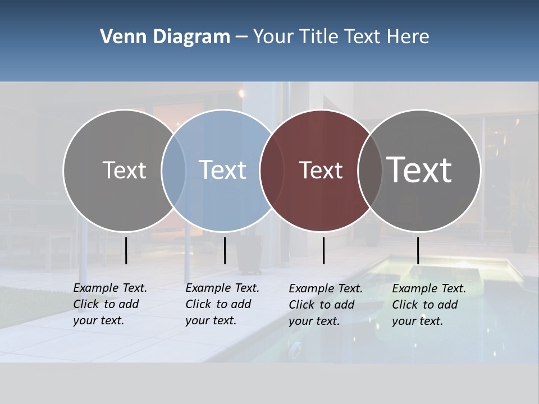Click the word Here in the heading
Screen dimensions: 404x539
click(408, 37)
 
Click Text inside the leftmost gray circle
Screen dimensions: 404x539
click(124, 170)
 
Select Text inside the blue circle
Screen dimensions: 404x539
click(222, 170)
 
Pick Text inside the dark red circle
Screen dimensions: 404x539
click(321, 170)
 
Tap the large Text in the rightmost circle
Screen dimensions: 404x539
click(419, 170)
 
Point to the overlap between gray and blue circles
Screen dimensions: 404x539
click(173, 170)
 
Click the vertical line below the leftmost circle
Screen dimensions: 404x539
click(126, 250)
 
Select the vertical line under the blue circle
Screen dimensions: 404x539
click(225, 250)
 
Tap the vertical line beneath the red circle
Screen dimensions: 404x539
click(323, 250)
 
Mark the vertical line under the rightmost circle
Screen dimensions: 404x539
click(418, 250)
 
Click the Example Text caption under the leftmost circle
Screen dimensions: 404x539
click(109, 304)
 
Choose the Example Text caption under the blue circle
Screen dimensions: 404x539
click(222, 304)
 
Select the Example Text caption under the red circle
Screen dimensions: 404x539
click(325, 305)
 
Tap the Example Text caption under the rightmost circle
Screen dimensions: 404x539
click(428, 305)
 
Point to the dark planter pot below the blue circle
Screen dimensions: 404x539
click(249, 255)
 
